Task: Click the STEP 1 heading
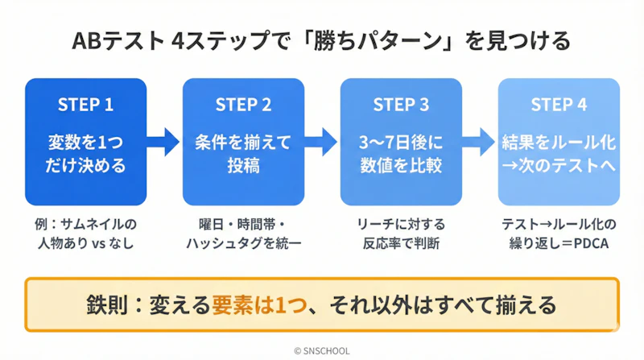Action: [x=85, y=106]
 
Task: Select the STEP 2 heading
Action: [x=243, y=106]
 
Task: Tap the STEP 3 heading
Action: [x=401, y=106]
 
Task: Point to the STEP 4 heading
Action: [x=559, y=106]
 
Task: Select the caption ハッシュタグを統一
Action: [x=243, y=242]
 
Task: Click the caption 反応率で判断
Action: [x=401, y=242]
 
